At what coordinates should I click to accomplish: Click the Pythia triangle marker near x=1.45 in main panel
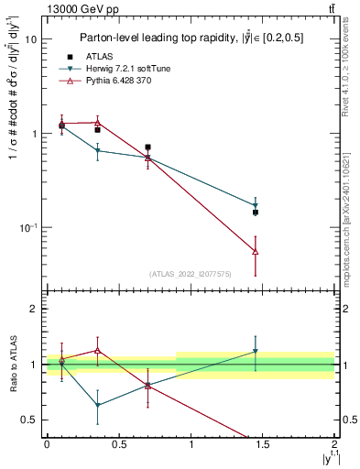coord(256,251)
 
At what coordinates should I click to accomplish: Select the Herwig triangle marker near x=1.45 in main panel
coord(256,206)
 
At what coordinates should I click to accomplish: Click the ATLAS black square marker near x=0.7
coord(147,147)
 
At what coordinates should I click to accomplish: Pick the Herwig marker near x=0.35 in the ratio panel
coord(97,405)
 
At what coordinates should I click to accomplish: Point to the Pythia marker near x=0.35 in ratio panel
coord(97,351)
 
